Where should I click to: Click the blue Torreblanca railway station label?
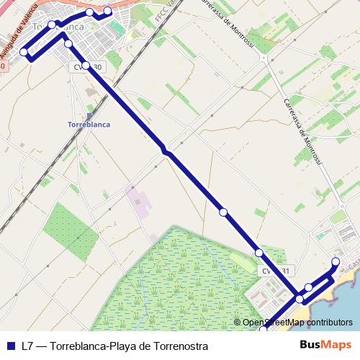point(88,124)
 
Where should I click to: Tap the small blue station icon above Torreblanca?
point(88,113)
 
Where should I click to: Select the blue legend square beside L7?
point(10,346)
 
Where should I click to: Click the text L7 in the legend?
point(27,346)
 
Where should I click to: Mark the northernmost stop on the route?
point(108,11)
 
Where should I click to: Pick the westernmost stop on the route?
point(24,52)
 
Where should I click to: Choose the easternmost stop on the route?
point(336,261)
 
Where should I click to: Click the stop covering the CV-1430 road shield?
point(86,66)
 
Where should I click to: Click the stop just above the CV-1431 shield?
point(258,253)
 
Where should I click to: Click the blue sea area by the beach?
point(342,302)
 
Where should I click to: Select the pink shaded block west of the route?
point(137,202)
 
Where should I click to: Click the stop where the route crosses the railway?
point(166,150)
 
